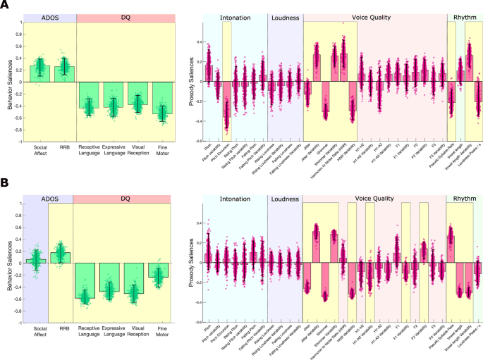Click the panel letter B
point(5,182)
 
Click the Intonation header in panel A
point(234,16)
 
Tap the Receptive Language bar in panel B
point(86,280)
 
